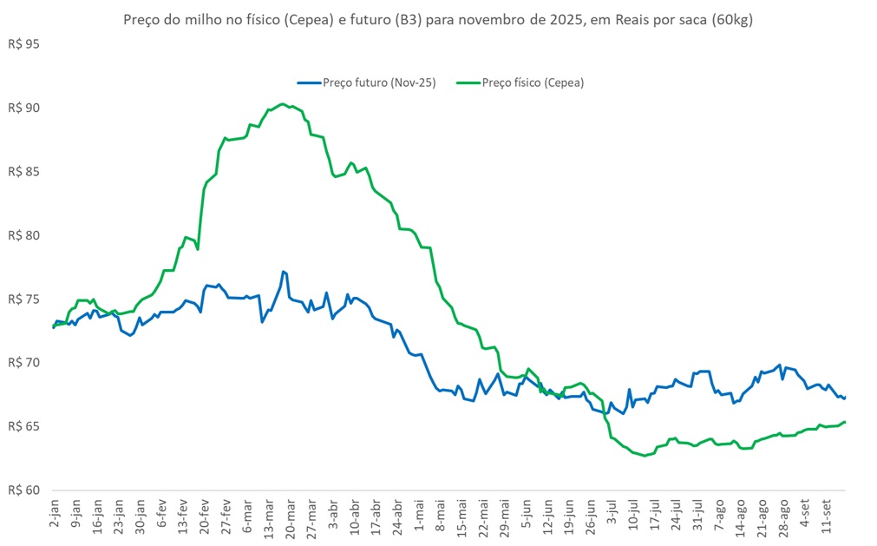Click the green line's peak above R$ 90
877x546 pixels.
click(x=284, y=104)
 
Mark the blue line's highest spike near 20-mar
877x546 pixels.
click(x=284, y=272)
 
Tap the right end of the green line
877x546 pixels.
click(x=845, y=422)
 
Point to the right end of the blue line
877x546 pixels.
click(x=845, y=398)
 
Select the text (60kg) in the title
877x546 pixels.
click(x=730, y=20)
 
